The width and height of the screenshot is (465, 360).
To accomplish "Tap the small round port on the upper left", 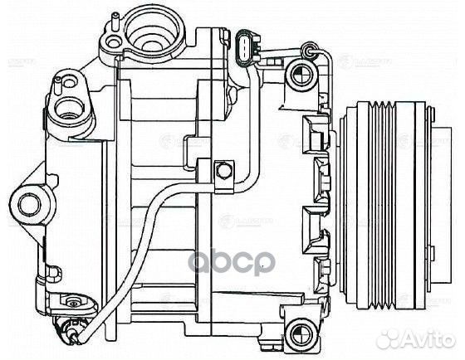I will [x=70, y=105].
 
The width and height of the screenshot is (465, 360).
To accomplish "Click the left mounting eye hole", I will [x=30, y=202].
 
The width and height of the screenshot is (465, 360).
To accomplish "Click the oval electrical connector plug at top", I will [x=244, y=48].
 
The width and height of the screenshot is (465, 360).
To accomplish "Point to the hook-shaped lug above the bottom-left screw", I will [x=51, y=271].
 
